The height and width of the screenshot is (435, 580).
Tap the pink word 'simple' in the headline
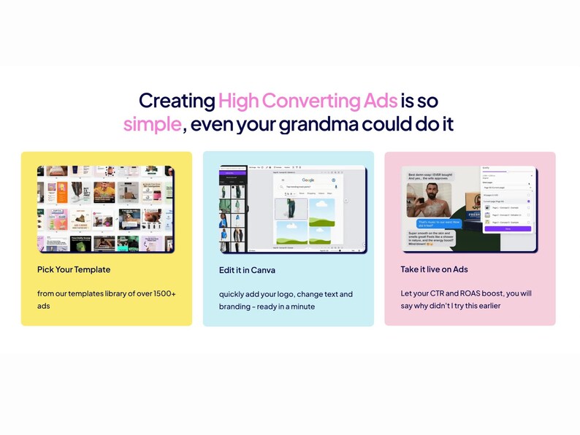point(152,123)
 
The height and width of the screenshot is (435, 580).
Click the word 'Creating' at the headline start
point(177,100)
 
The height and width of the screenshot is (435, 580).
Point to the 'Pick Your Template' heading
point(74,269)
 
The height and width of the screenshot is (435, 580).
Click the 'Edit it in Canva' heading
point(247,270)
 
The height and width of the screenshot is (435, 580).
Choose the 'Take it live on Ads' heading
point(434,269)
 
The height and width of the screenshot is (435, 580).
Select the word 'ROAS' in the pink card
point(467,293)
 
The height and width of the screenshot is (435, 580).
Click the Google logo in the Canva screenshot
point(308,180)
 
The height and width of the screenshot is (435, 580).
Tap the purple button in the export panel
point(506,228)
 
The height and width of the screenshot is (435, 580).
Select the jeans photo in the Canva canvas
point(290,209)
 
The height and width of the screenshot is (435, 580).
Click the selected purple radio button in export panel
point(529,201)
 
